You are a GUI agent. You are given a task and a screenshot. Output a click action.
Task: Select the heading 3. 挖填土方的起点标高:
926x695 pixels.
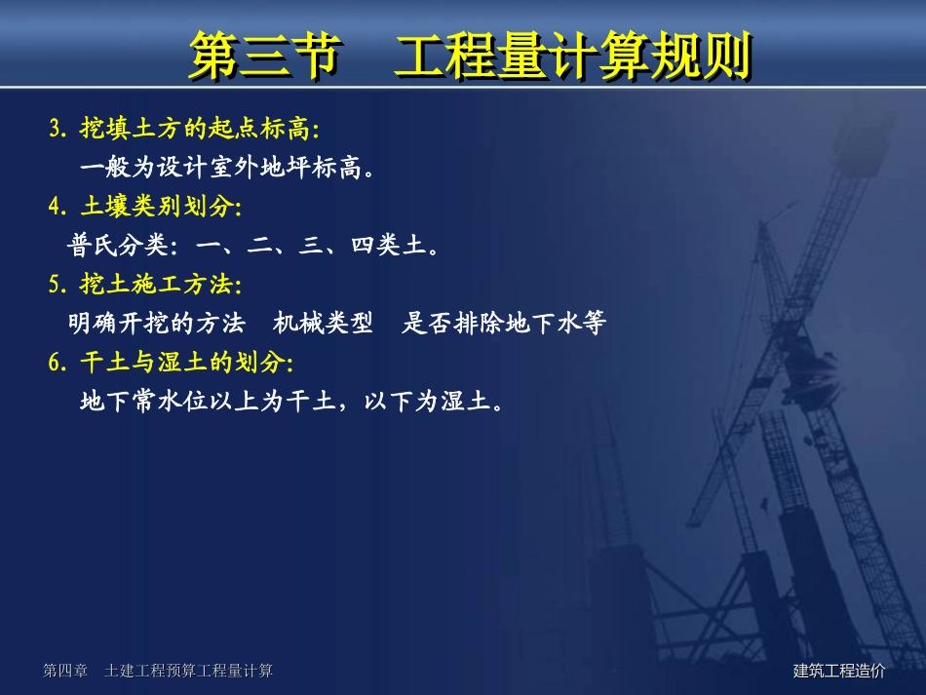[x=184, y=128]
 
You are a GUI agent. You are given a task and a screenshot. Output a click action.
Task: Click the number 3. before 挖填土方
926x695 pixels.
[x=58, y=128]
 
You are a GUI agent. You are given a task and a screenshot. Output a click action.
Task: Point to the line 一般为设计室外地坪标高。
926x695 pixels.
[x=227, y=168]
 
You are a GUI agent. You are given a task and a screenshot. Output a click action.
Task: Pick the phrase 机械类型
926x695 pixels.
[x=324, y=324]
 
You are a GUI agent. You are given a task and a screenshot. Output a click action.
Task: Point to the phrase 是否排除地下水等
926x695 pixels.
[x=504, y=324]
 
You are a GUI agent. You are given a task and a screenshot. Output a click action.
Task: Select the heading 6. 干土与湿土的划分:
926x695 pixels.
[x=171, y=363]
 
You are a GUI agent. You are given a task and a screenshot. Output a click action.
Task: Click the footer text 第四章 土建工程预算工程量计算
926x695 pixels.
[x=158, y=671]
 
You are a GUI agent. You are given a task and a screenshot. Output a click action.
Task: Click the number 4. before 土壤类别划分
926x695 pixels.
[x=58, y=207]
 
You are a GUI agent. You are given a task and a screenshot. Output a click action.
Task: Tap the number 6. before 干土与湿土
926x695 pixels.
[x=58, y=363]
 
